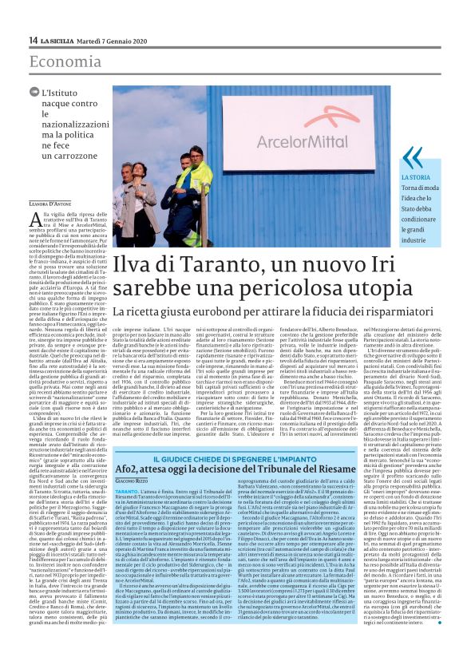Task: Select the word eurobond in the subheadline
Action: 211,311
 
